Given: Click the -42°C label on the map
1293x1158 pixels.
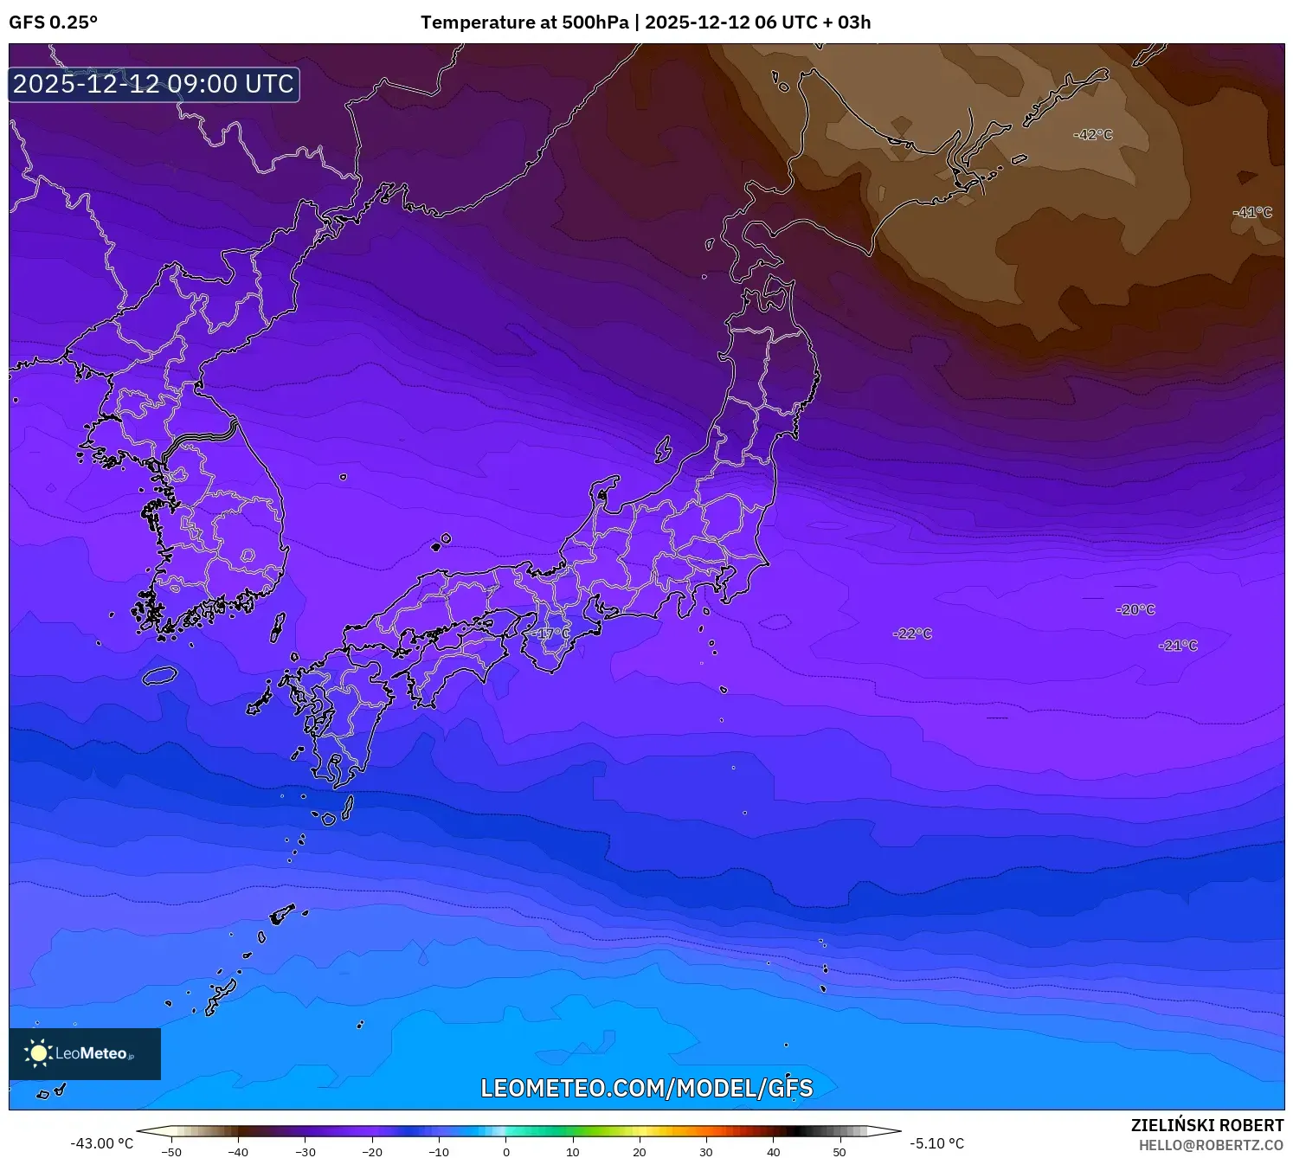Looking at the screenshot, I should pyautogui.click(x=1093, y=135).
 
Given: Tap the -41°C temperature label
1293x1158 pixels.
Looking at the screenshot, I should pyautogui.click(x=1253, y=212).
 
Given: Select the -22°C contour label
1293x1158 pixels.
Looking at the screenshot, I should pyautogui.click(x=912, y=634).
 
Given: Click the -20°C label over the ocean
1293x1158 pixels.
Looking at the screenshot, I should pyautogui.click(x=1135, y=609).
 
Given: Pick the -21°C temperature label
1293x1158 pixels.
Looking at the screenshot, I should pyautogui.click(x=1178, y=645).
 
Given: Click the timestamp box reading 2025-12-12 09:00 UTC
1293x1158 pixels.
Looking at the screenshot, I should pyautogui.click(x=154, y=84).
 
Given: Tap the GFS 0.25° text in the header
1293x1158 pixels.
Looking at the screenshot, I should pyautogui.click(x=53, y=23).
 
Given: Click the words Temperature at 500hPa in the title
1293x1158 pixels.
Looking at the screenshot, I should pyautogui.click(x=524, y=23).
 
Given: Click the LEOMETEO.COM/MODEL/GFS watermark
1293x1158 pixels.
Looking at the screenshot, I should pyautogui.click(x=646, y=1088).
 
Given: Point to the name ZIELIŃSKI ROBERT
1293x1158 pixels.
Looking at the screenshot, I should pyautogui.click(x=1207, y=1125).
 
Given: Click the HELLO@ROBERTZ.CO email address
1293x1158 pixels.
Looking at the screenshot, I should pyautogui.click(x=1211, y=1144).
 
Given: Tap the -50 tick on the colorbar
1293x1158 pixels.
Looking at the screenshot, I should pyautogui.click(x=171, y=1152).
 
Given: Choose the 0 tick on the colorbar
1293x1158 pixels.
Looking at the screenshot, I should pyautogui.click(x=506, y=1152).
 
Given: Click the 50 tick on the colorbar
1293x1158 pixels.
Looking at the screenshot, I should pyautogui.click(x=839, y=1152).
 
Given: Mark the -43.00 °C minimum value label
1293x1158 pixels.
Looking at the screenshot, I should pyautogui.click(x=102, y=1143).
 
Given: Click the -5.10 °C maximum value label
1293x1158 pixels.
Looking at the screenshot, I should pyautogui.click(x=936, y=1143).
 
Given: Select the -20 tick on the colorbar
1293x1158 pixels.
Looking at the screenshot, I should pyautogui.click(x=371, y=1152).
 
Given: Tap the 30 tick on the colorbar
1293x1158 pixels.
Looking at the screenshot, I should pyautogui.click(x=706, y=1152).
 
